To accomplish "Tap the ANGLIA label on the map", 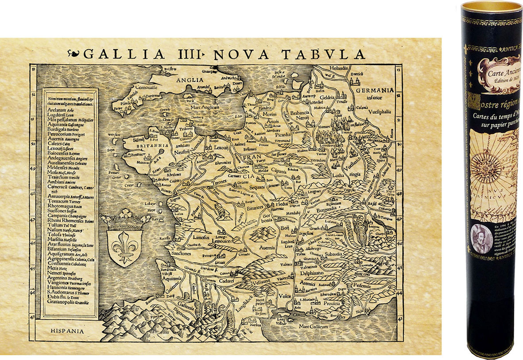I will pyautogui.click(x=187, y=80).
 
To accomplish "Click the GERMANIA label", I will pyautogui.click(x=374, y=90).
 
